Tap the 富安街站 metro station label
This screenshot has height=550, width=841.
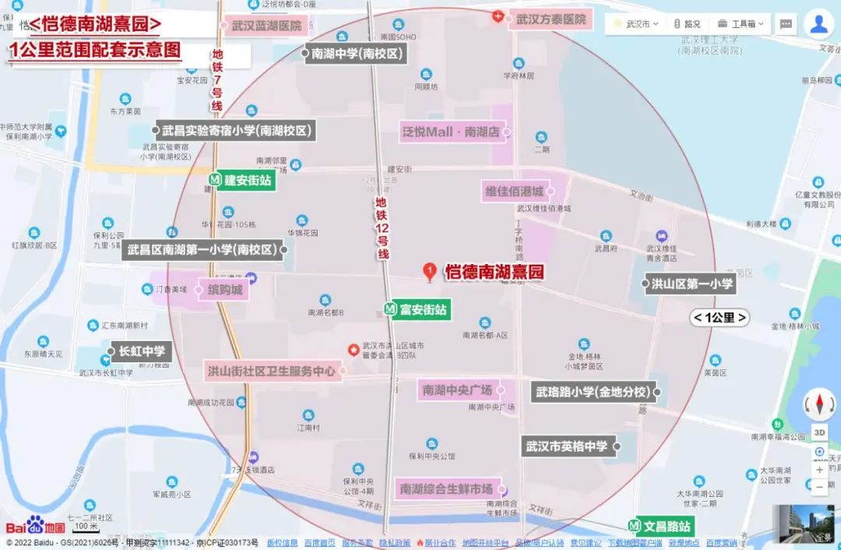click(418, 309)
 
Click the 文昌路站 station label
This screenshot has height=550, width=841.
click(661, 526)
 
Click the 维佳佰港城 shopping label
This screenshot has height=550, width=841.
click(515, 191)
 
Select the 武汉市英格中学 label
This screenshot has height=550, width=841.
click(566, 446)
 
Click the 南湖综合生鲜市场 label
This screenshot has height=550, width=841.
click(446, 489)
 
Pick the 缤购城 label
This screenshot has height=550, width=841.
click(225, 291)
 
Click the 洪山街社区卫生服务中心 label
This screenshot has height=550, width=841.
click(271, 371)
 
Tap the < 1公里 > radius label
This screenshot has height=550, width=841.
click(720, 318)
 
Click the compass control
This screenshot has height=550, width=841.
click(819, 404)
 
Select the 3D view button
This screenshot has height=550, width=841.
click(820, 432)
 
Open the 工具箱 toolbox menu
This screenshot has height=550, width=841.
click(743, 24)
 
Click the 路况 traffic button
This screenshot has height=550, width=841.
click(687, 24)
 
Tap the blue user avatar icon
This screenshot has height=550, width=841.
click(818, 23)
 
